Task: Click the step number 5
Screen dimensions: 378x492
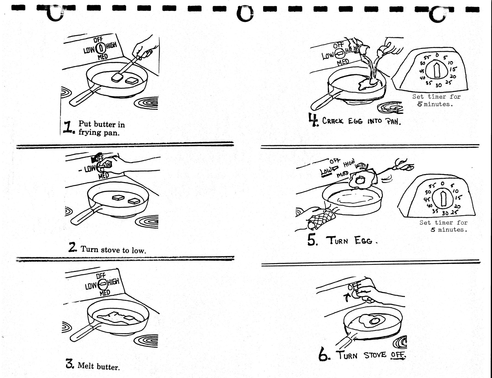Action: (312, 240)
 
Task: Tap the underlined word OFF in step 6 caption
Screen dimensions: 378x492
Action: (398, 355)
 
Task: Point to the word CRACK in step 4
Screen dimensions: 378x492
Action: (332, 121)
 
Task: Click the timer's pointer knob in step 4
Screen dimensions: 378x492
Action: (436, 70)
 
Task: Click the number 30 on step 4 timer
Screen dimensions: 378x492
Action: (438, 85)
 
